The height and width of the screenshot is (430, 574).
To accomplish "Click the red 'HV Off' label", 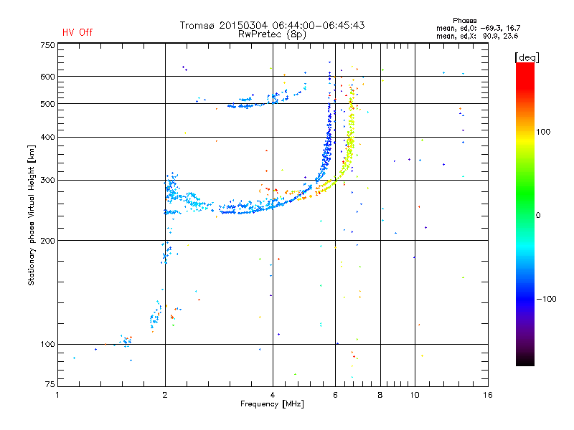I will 77,32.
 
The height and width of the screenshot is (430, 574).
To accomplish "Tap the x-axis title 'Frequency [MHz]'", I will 272,405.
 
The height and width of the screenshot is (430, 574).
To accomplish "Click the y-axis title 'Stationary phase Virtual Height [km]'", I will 32,215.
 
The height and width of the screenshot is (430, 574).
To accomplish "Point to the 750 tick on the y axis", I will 47,44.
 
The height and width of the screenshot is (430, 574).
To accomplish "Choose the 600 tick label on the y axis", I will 47,77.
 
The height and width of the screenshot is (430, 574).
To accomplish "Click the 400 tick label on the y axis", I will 47,137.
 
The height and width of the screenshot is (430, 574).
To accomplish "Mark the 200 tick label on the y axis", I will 47,240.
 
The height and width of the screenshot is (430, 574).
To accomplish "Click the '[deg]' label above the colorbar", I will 527,57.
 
